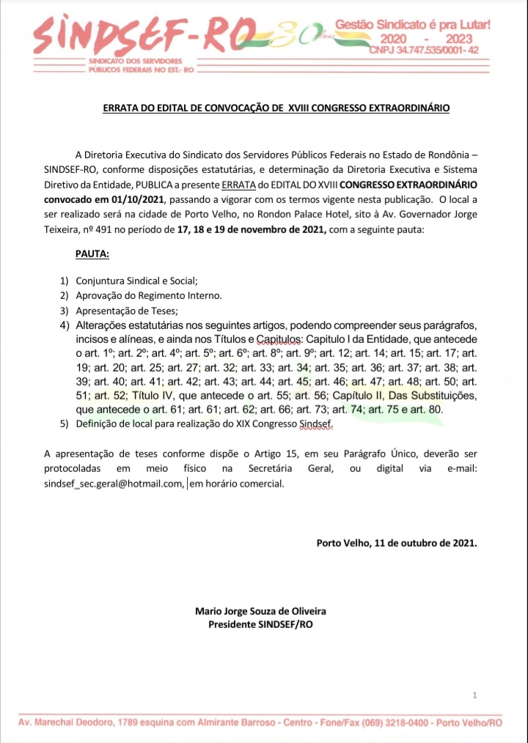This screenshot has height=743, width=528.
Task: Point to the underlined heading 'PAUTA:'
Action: pos(92,254)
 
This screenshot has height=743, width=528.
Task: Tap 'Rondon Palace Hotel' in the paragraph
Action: pos(333,215)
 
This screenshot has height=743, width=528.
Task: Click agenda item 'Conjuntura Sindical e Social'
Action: pos(136,281)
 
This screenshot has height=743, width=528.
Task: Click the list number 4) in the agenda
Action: pos(64,325)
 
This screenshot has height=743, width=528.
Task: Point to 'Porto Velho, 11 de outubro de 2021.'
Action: pos(396,543)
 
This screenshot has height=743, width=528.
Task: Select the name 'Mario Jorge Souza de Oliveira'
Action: pos(260,611)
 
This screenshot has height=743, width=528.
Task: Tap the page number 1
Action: pos(475,695)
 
